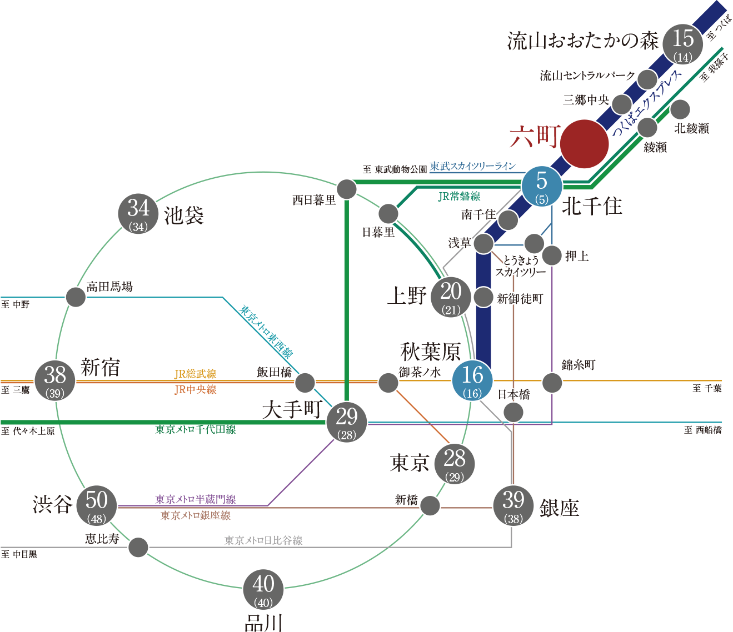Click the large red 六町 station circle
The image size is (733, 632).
[584, 144]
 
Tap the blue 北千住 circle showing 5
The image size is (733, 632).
[542, 185]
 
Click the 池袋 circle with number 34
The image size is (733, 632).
[138, 213]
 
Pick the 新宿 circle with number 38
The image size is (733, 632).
[55, 380]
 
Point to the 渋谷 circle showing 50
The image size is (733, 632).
[97, 505]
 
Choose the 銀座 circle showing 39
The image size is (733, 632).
[513, 505]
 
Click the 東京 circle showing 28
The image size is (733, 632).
[455, 463]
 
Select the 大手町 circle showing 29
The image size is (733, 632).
[347, 422]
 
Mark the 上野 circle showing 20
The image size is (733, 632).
[451, 297]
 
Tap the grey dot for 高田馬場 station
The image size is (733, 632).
[76, 297]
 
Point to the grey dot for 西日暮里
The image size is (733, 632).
[347, 189]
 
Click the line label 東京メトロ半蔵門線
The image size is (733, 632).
[196, 499]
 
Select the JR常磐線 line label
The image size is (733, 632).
[459, 196]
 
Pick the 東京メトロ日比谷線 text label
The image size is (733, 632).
[263, 540]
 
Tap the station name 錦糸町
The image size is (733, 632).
[579, 365]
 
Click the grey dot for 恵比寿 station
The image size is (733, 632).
[138, 547]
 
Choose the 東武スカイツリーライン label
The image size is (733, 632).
[473, 166]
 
